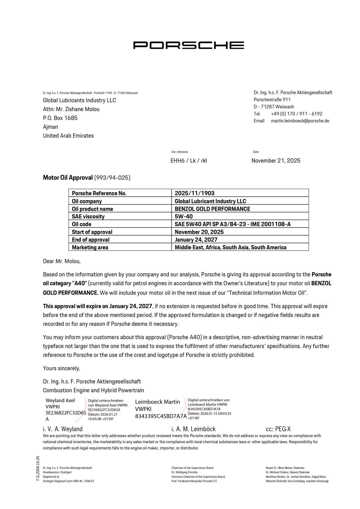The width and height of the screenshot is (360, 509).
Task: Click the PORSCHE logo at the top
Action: click(188, 45)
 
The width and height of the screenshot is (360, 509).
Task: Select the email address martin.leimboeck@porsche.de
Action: click(300, 121)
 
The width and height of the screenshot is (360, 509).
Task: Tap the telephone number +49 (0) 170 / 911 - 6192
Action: click(296, 114)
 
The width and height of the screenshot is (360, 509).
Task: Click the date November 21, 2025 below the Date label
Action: click(276, 161)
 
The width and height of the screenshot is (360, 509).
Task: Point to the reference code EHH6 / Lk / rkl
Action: click(188, 161)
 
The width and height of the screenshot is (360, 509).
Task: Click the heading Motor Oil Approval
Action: click(68, 178)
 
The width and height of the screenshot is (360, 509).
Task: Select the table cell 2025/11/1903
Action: click(194, 193)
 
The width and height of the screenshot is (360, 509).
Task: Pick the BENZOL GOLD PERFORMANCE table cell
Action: click(212, 209)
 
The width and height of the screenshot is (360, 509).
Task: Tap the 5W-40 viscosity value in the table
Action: click(184, 217)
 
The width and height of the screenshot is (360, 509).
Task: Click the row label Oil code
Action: click(81, 224)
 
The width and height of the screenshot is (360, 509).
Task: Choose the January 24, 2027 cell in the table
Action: click(196, 240)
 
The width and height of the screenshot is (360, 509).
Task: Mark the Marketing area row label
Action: click(90, 247)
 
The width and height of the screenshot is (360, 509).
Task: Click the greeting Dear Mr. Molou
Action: click(62, 261)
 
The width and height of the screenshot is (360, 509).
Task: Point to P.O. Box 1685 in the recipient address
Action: click(60, 118)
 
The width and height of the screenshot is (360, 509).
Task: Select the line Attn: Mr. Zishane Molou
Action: click(71, 109)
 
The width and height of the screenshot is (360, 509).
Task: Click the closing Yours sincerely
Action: click(62, 368)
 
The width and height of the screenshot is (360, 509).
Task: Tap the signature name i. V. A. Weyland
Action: click(63, 429)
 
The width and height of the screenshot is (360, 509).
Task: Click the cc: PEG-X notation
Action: click(278, 429)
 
